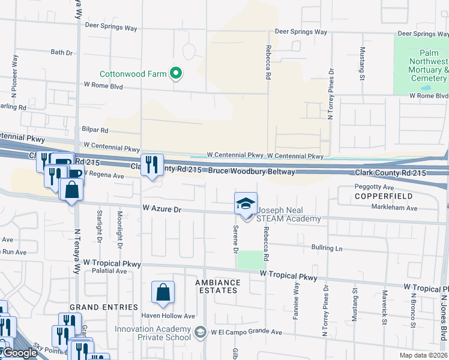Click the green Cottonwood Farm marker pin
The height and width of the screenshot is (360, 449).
[x=176, y=74]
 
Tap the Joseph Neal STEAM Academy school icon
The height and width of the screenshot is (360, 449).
[x=245, y=204]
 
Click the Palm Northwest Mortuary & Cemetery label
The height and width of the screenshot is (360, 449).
[x=429, y=65]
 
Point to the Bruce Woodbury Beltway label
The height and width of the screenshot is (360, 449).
[x=252, y=172]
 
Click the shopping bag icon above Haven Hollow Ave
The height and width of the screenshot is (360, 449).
[x=163, y=293]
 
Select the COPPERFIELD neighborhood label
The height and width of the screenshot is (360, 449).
[x=384, y=196]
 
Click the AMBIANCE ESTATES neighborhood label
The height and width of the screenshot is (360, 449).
[x=218, y=286]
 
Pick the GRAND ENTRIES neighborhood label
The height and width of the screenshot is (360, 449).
[x=104, y=307]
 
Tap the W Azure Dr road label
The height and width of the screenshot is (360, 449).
[x=161, y=209]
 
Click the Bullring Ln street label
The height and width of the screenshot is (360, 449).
[x=327, y=248]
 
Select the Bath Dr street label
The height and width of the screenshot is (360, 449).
[x=62, y=53]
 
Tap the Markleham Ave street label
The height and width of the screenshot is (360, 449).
[x=396, y=208]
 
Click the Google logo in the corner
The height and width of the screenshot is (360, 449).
[x=20, y=353]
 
